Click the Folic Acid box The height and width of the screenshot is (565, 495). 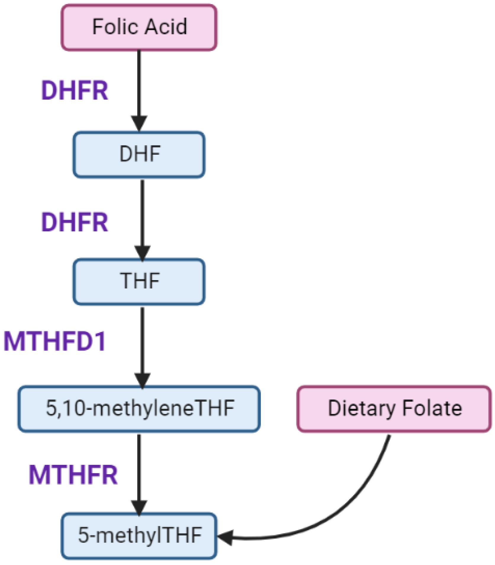click(x=139, y=27)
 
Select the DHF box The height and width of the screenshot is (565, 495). click(x=139, y=154)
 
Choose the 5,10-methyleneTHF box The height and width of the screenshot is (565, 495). click(x=139, y=409)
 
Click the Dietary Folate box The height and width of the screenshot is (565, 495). click(x=394, y=409)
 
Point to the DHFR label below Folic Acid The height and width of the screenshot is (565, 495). click(x=75, y=91)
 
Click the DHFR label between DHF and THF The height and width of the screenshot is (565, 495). click(x=75, y=222)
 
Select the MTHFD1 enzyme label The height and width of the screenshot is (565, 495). click(x=55, y=341)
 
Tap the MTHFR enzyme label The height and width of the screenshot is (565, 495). click(x=73, y=475)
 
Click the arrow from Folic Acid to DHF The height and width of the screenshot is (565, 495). click(x=139, y=86)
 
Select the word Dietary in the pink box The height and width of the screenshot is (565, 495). click(x=361, y=409)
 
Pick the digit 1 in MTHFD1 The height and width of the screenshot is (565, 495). click(x=101, y=341)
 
